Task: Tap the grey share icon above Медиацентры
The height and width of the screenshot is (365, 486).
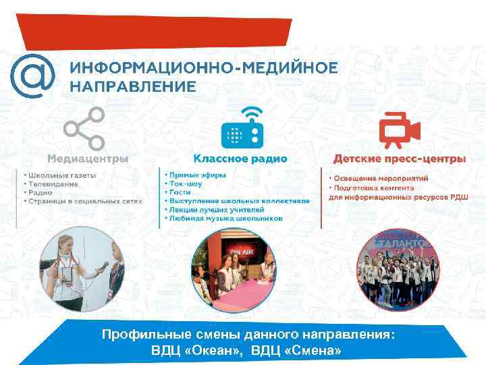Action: coord(84,128)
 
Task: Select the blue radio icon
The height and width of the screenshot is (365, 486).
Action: coord(240,128)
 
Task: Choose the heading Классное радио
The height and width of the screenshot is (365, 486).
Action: coord(240,159)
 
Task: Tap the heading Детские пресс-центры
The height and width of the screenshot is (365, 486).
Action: coord(399,159)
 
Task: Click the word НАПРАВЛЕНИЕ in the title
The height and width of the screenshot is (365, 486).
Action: coord(133,86)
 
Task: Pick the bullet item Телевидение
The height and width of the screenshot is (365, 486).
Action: coord(54,184)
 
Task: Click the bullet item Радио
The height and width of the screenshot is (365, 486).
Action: coord(41,192)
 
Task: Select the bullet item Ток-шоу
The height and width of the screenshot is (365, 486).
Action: coord(186,184)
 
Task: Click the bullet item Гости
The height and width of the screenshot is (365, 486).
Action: coord(177,192)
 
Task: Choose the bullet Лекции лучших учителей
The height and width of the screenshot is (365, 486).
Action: coord(211,209)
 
